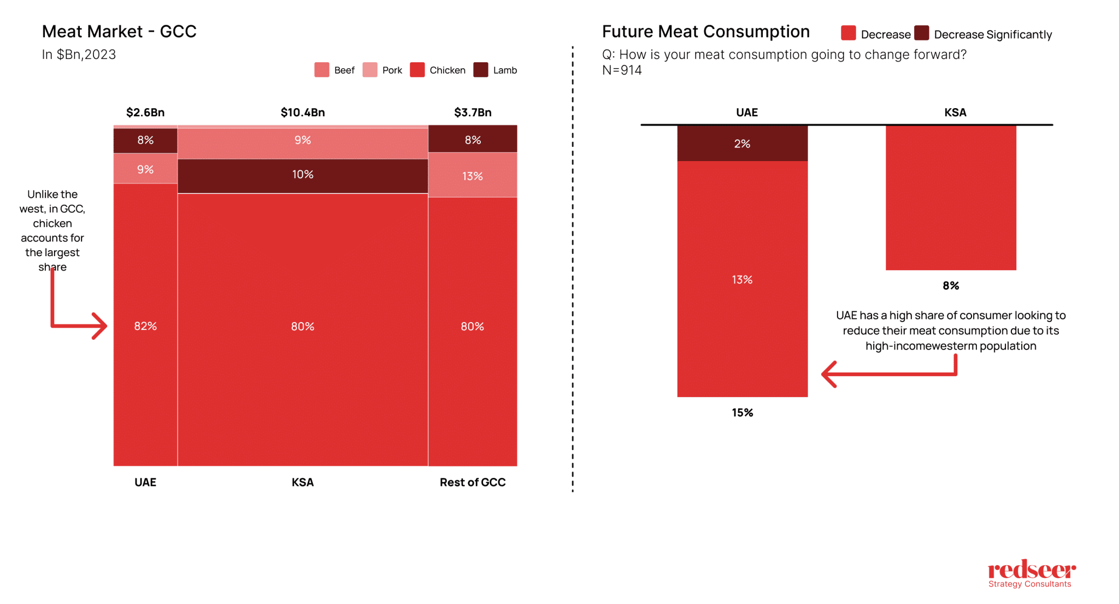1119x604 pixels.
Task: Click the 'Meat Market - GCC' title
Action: click(119, 32)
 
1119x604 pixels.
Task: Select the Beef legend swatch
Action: click(322, 70)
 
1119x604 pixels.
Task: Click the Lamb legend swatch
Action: click(481, 70)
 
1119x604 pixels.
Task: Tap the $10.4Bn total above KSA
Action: click(303, 112)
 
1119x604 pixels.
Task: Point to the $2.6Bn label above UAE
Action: click(145, 112)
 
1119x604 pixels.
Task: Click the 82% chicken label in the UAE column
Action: click(145, 326)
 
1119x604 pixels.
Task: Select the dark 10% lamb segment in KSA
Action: click(303, 175)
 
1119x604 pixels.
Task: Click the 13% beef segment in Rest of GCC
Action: click(473, 176)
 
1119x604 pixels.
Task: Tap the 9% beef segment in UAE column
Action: click(145, 169)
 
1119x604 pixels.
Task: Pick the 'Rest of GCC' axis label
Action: click(473, 482)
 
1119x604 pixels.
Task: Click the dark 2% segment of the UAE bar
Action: click(742, 144)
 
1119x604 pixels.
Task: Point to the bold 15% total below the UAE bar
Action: click(742, 413)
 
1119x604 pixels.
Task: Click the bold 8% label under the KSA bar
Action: click(951, 286)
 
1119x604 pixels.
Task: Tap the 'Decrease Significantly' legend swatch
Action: click(922, 33)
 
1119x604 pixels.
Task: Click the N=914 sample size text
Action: click(622, 70)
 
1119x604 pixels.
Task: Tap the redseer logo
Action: click(1031, 573)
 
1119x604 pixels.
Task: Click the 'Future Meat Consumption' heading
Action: click(705, 32)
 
